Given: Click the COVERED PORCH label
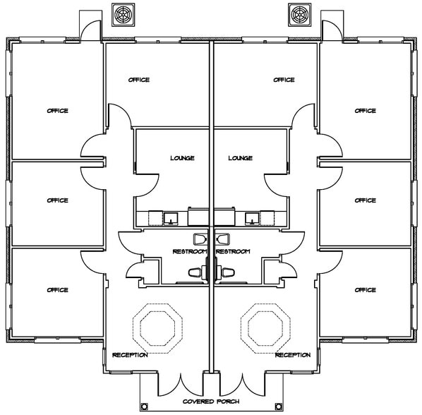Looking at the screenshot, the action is pos(211,402).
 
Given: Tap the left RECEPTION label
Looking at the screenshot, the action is pos(130,355).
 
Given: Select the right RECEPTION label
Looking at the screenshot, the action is pos(293,355).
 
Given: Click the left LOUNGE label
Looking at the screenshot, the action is pos(182,157).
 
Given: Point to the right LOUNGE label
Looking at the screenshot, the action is pos(241,157).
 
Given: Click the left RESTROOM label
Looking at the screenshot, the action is pos(190,251).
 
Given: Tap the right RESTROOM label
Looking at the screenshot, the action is pos(233,251).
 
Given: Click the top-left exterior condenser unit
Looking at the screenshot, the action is pos(123,15).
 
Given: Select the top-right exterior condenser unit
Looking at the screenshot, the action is pos(299,15).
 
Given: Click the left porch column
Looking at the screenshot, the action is pos(144,406).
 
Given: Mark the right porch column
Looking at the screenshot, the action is pos(278,406).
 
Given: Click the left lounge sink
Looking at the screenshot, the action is pos(171,219).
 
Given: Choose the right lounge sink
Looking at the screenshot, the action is pos(252,219).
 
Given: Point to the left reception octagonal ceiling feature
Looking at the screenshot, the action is pos(157,328).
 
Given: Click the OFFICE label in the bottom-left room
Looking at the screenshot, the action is pos(57,290).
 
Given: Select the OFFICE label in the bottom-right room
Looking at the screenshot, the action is pos(366,290).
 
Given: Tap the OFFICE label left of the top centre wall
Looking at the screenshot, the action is pos(139,80).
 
